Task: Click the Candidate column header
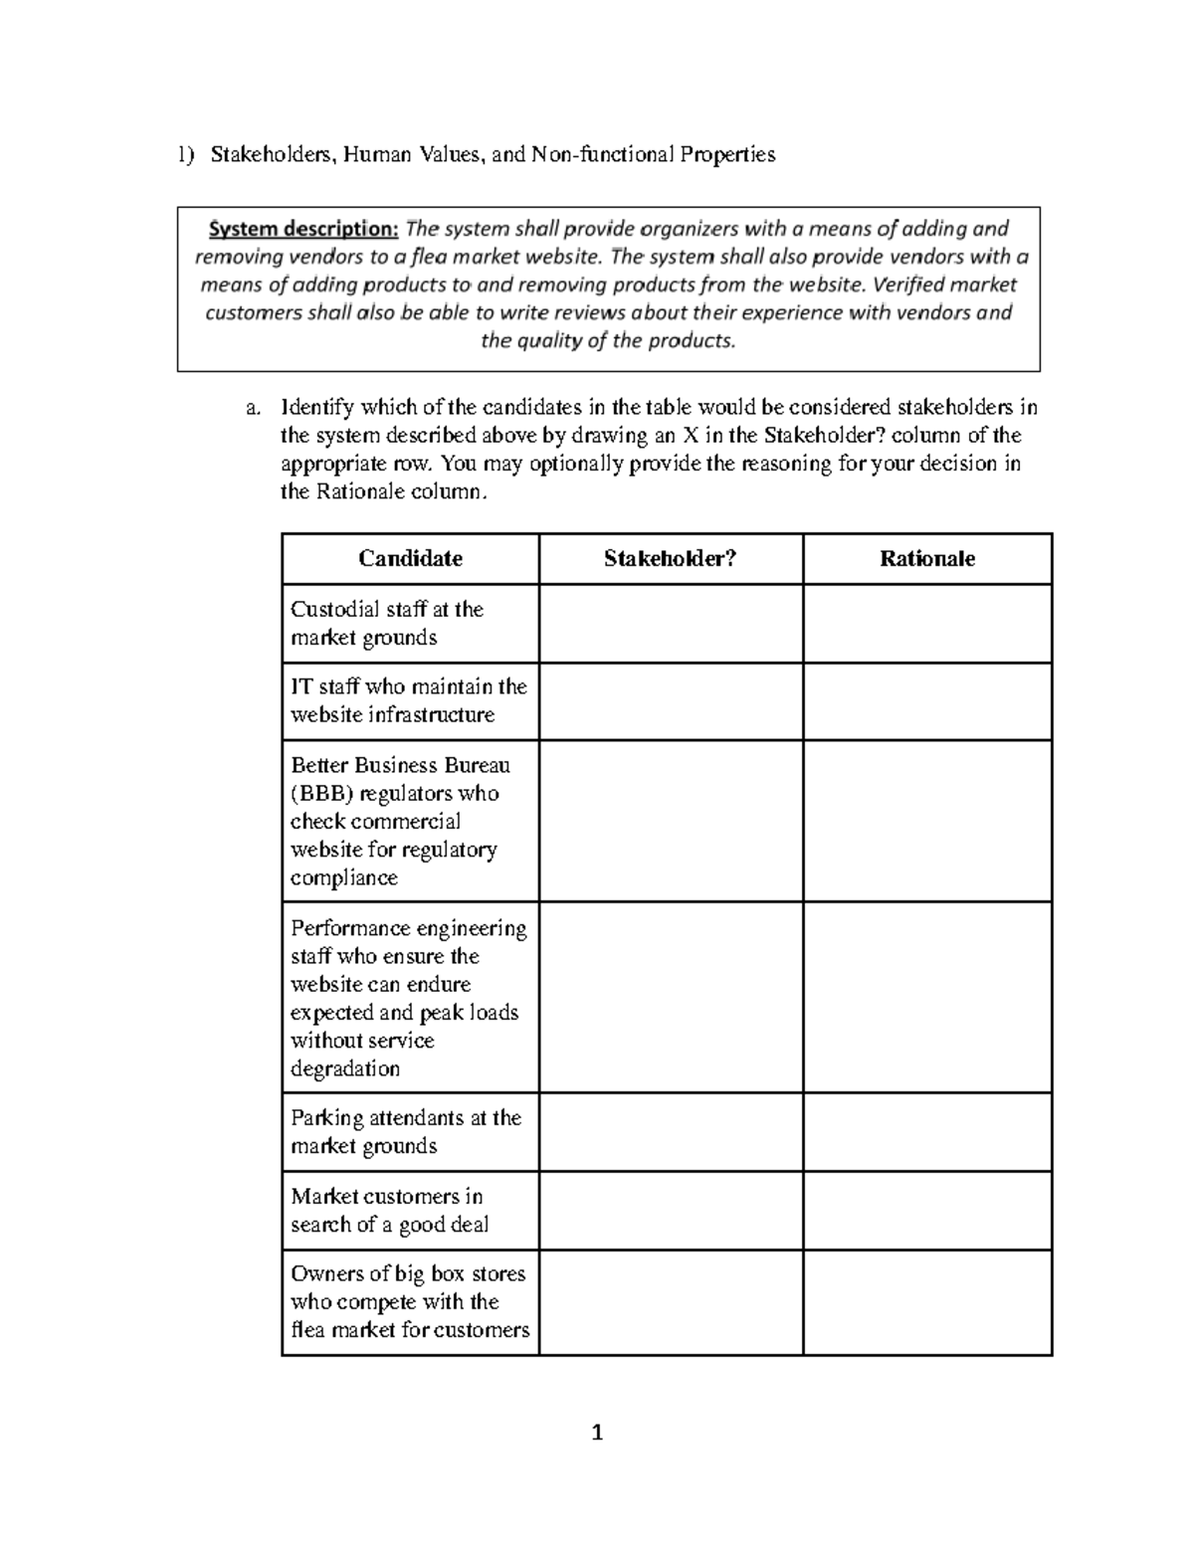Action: (x=410, y=559)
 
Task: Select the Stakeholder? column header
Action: (x=670, y=559)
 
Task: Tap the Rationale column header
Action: (x=926, y=559)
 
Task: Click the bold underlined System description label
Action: (x=302, y=229)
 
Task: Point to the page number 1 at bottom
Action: (x=597, y=1434)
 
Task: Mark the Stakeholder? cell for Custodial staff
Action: (x=671, y=624)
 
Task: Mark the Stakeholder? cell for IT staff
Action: (x=671, y=701)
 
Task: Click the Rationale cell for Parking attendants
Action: (x=926, y=1132)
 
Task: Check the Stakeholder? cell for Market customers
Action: (x=671, y=1211)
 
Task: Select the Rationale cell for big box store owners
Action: (x=926, y=1302)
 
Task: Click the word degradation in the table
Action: (x=344, y=1069)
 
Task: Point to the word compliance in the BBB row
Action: (x=343, y=878)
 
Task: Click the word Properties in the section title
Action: (x=727, y=154)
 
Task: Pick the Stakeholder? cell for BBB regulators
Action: (x=671, y=822)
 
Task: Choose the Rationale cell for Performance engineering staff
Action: (x=926, y=998)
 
